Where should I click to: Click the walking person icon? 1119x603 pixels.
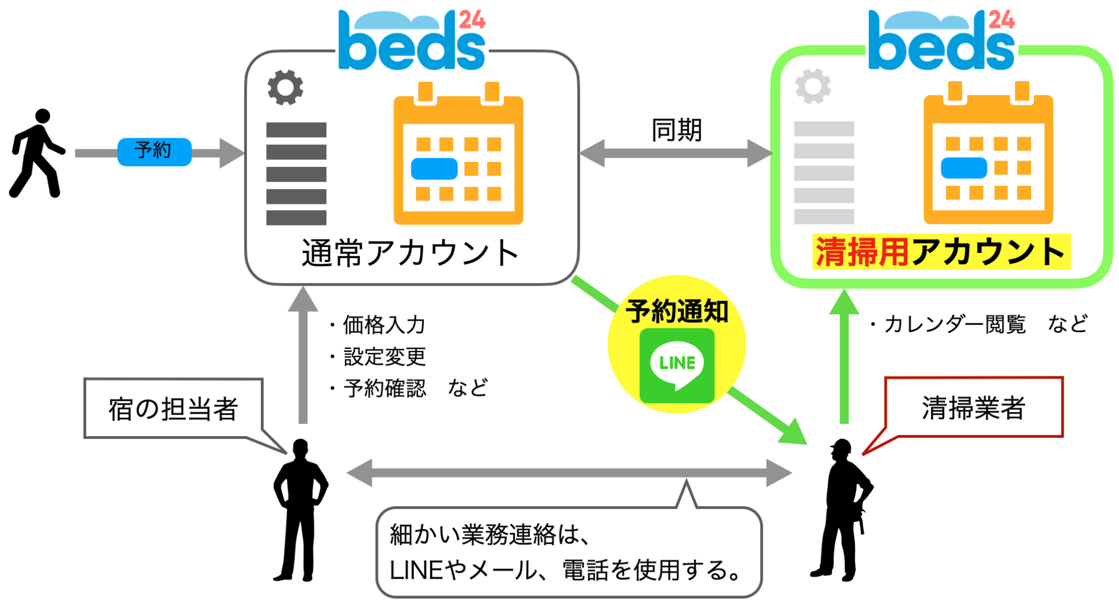click(36, 153)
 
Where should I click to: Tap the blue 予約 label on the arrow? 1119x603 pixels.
click(154, 151)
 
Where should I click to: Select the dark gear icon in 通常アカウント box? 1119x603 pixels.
click(285, 87)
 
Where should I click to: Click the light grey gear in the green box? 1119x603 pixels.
click(813, 86)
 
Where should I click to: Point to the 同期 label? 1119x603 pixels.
click(676, 130)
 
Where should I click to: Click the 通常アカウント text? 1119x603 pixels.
click(410, 253)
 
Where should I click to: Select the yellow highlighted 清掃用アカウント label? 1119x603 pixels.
click(941, 252)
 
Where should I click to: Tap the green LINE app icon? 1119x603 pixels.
click(677, 366)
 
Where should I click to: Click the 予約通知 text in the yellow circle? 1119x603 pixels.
click(677, 311)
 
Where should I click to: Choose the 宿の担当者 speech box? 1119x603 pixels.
click(174, 408)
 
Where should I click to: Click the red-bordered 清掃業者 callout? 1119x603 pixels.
click(973, 407)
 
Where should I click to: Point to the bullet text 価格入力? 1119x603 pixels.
click(384, 325)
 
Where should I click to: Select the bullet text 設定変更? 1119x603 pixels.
click(385, 357)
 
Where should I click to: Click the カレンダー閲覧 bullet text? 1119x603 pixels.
click(954, 324)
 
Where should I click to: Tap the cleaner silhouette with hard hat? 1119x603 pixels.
click(841, 509)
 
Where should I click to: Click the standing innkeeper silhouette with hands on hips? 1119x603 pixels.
click(300, 509)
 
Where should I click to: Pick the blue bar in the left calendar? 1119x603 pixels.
click(434, 169)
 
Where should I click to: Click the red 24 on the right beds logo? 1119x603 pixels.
click(1001, 20)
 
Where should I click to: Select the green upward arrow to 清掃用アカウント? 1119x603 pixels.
click(844, 358)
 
